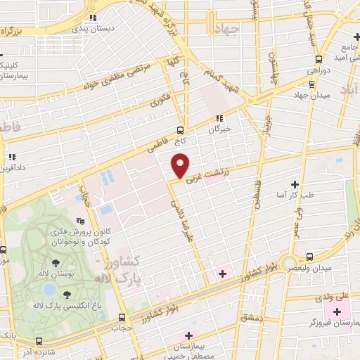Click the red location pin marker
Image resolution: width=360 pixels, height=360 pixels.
pos(181,165)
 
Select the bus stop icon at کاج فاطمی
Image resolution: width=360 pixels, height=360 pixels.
pos(181,130)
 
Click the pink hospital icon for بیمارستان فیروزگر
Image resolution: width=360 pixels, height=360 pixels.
pos(337,311)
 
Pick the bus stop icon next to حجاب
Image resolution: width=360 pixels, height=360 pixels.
pos(123,317)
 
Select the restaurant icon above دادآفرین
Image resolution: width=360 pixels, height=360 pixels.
pos(11,156)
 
